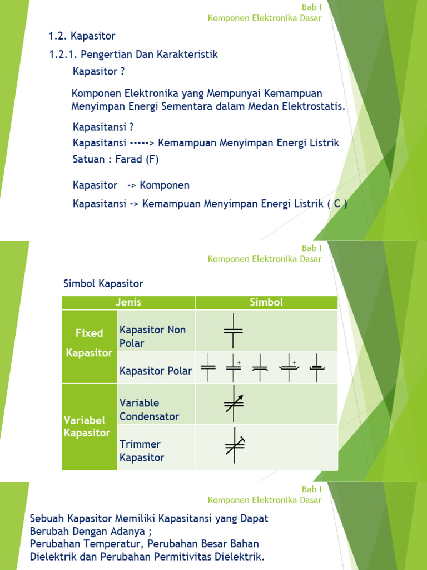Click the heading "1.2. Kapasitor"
coord(82,36)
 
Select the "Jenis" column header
coord(128,303)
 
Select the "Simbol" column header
coord(266,303)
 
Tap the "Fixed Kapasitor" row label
coord(89,343)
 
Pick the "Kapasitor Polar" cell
coord(156,371)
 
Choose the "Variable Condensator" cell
coord(149,410)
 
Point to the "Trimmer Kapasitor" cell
coord(142,451)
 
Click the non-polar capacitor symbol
coord(234,330)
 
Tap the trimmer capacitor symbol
coord(235,445)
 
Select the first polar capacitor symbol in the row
coord(208,367)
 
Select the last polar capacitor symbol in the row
coord(317,367)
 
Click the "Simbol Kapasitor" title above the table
coord(103,284)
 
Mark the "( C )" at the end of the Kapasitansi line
coord(337,204)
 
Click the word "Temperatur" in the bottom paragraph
coord(106,543)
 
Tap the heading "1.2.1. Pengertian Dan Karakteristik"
coord(133,55)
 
